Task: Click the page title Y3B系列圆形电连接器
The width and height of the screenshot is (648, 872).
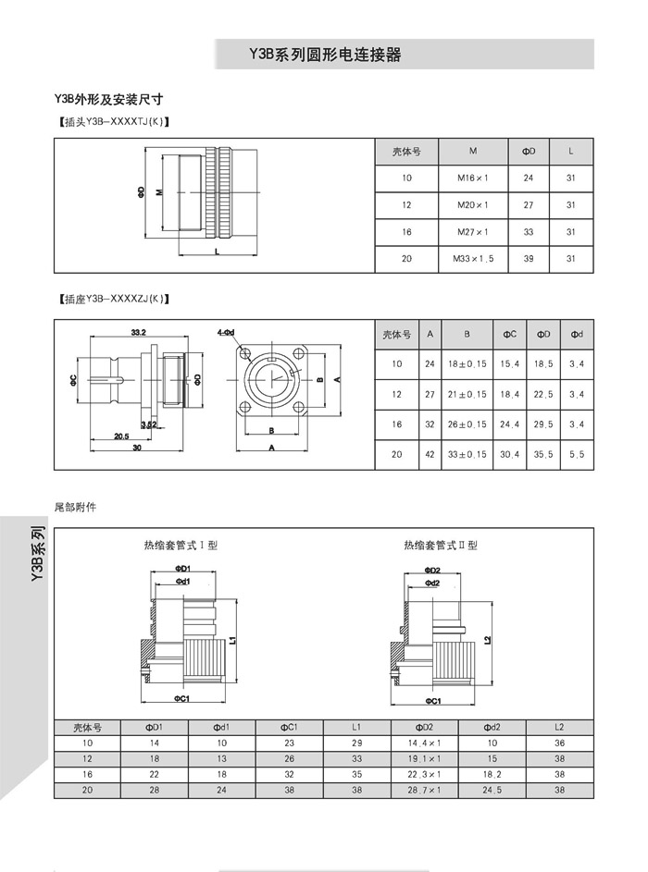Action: pos(325,55)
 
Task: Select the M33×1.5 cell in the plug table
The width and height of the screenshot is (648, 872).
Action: pos(473,259)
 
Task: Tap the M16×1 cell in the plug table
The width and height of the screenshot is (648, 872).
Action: pos(473,178)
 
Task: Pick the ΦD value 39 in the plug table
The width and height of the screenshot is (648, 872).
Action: pos(529,259)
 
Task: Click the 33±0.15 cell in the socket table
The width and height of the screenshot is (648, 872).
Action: pos(467,454)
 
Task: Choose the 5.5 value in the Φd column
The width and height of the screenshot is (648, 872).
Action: pos(576,454)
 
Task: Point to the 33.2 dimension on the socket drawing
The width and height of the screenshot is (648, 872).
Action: pos(140,331)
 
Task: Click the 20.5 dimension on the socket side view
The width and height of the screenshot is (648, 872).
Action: pos(120,436)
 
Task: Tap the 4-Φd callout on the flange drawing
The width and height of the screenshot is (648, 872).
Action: pos(226,331)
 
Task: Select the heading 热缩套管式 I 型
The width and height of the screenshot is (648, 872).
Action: pos(180,546)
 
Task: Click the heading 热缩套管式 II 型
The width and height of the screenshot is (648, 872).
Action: pos(441,546)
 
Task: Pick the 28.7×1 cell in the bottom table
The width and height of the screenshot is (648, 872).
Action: pos(425,791)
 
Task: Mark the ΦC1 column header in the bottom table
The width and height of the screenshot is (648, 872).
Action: pos(289,728)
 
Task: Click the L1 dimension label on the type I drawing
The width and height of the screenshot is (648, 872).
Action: pos(233,638)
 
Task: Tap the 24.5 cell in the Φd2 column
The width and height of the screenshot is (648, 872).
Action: pos(492,791)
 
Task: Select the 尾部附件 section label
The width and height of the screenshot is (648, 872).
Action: pos(76,507)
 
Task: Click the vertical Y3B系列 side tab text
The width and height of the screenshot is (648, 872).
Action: pos(37,555)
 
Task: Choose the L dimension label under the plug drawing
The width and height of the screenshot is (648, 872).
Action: pos(216,251)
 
